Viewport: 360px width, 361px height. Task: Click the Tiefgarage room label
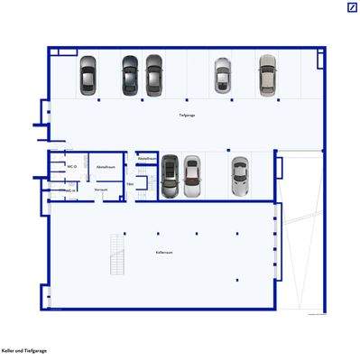coord(187,116)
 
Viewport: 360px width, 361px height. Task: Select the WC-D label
coord(71,167)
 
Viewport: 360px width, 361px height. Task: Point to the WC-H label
coord(68,190)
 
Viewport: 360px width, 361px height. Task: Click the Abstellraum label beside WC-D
coord(105,167)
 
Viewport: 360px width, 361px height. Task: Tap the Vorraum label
coord(101,190)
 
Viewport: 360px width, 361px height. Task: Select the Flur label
coord(131,183)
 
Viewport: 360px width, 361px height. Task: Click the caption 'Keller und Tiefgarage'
coord(24,349)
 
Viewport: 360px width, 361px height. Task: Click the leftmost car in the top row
coord(88,76)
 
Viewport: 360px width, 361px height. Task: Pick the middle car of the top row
coord(155,76)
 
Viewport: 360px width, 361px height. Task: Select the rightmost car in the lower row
coord(239,176)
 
